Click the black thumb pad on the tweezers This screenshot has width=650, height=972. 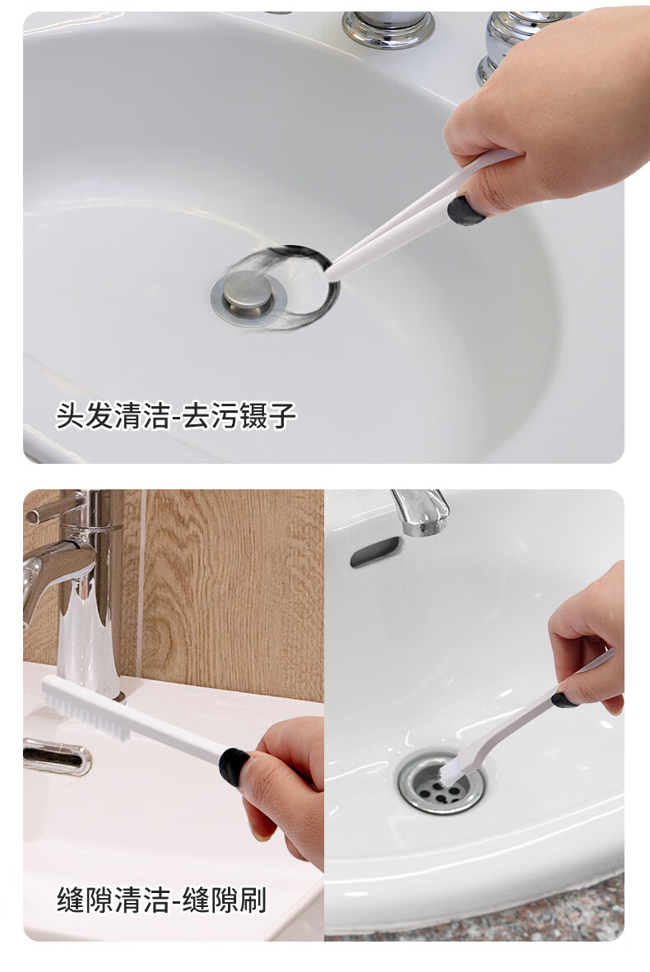[x=466, y=211]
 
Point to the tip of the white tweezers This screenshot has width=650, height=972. [x=330, y=273]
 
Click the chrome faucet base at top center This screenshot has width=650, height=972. [x=388, y=29]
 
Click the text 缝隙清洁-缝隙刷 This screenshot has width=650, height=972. [x=162, y=900]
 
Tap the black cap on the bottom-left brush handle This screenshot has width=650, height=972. [x=234, y=766]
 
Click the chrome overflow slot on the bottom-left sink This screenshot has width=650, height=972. [x=57, y=757]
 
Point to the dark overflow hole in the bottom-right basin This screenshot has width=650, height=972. [x=374, y=552]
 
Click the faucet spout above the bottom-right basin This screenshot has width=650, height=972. [x=420, y=511]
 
